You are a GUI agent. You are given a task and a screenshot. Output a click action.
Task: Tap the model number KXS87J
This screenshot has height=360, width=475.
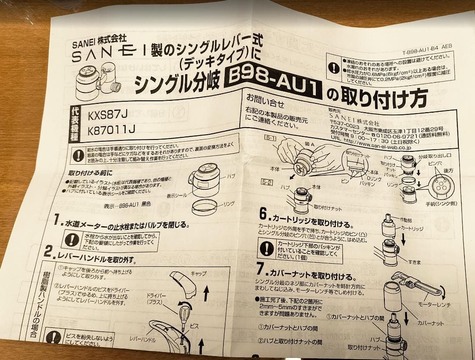click(x=108, y=116)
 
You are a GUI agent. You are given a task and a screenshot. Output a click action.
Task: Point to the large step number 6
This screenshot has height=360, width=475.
click(x=263, y=215)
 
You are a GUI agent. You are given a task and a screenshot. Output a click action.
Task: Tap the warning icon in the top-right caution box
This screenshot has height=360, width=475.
click(x=335, y=68)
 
